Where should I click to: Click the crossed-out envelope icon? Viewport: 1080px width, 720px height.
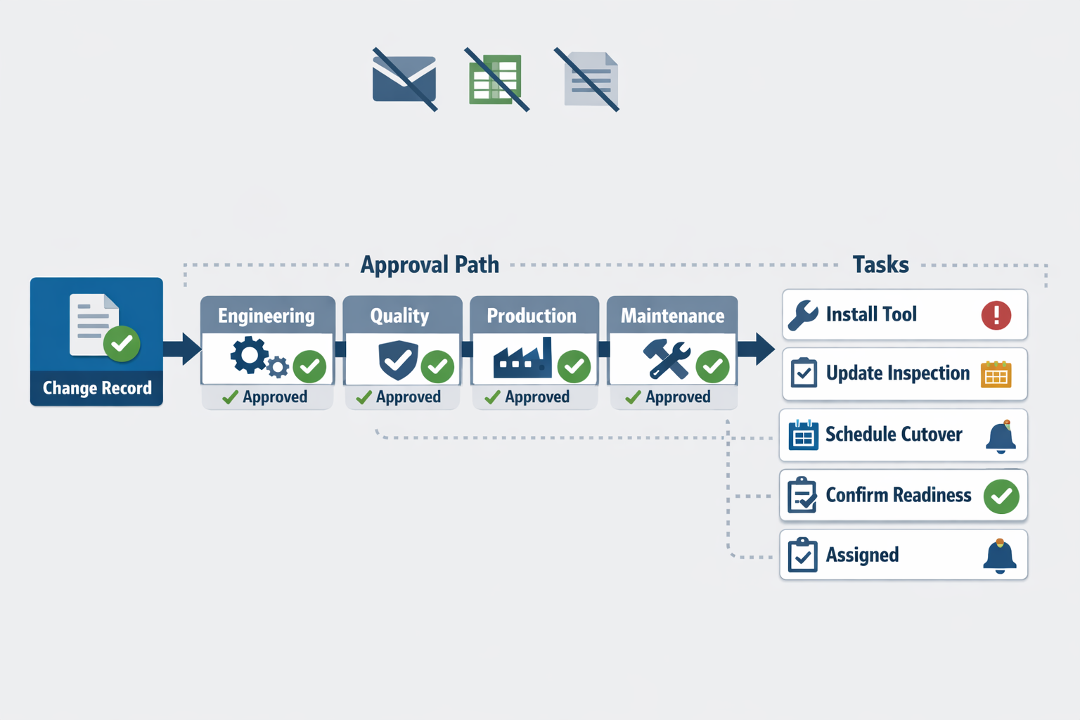pos(404,79)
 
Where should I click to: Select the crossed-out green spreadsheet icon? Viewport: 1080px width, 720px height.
pos(496,79)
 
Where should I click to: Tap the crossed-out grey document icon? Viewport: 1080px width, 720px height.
pos(589,79)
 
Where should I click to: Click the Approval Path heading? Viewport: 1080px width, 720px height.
pos(430,265)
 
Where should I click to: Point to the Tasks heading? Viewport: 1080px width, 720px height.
pos(880,264)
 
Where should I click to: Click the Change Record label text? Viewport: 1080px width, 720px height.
pos(97,387)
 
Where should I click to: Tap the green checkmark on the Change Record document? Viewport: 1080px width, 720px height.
pos(122,344)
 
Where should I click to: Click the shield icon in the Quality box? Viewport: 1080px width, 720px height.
pos(398,360)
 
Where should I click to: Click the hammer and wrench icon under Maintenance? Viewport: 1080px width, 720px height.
pos(667,359)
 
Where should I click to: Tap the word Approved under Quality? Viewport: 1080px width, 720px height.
pos(409,397)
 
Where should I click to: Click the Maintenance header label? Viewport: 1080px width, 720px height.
pos(672,316)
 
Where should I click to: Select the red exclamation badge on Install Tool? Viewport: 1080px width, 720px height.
pos(996,316)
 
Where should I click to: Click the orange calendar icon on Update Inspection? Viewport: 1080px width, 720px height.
pos(996,374)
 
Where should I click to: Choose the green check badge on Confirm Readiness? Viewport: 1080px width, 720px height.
pos(1001,496)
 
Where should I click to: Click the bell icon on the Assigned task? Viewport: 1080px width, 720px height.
pos(1000,556)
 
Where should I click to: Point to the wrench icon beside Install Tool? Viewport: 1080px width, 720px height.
pos(803,315)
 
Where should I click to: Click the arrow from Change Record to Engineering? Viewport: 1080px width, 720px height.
pos(182,348)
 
